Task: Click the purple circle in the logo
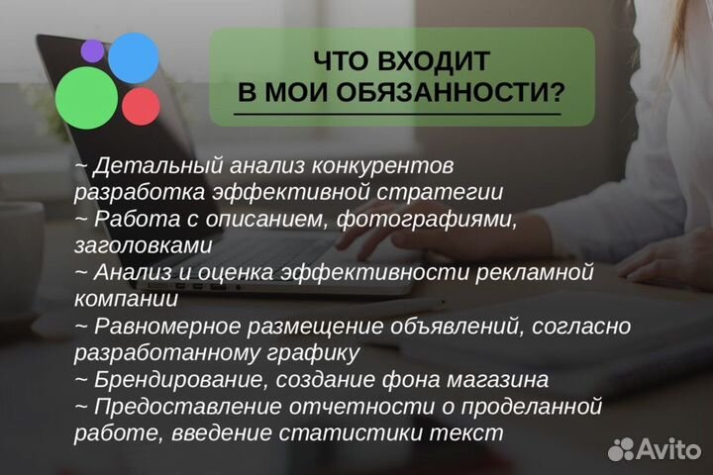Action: tap(92, 49)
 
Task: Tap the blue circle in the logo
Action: tap(133, 57)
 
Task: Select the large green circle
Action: tap(86, 98)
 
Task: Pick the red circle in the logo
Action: tap(142, 106)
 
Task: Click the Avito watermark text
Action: tap(668, 449)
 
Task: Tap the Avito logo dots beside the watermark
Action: tap(621, 449)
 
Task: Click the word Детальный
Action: tap(148, 164)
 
